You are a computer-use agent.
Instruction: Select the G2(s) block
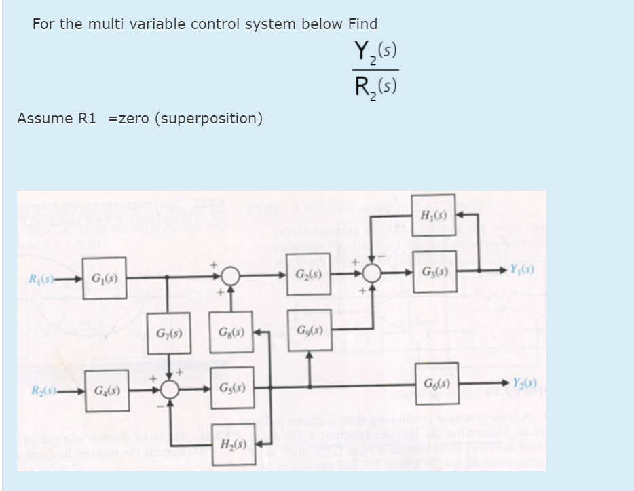pos(309,276)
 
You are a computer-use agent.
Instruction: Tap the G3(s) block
pos(434,277)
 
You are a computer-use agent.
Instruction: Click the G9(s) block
pos(309,332)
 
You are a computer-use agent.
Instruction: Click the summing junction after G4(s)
pos(169,391)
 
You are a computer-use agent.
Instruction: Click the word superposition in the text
pos(208,119)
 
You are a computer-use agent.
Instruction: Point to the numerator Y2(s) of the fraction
pos(375,52)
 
